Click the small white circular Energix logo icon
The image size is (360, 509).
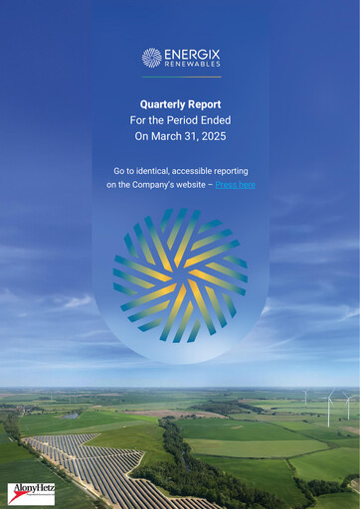point(151,58)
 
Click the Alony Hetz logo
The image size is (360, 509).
point(31,492)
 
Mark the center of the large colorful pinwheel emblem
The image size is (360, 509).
point(180,274)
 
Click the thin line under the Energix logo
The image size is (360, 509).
point(180,77)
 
